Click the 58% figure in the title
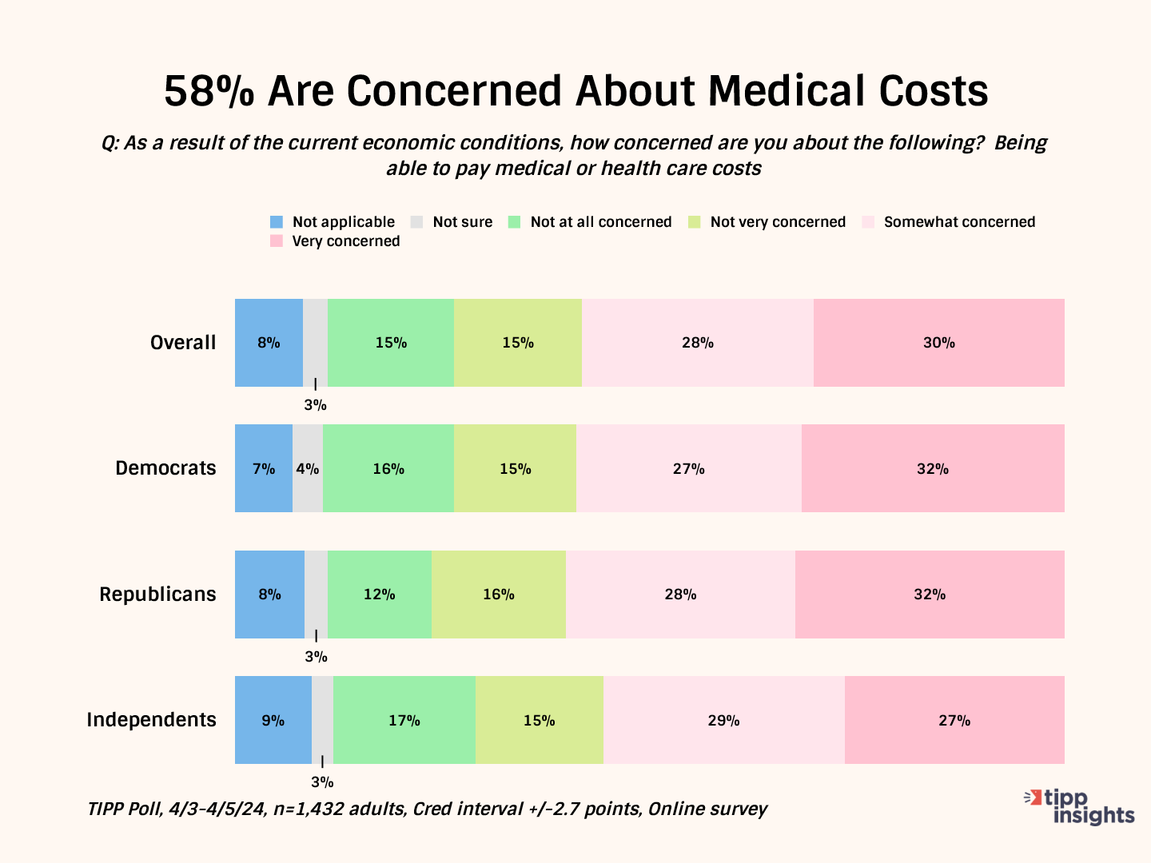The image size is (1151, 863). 209,91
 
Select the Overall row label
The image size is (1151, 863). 183,343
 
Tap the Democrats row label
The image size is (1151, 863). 165,468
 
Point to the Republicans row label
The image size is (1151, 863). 157,595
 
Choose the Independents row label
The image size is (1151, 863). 151,720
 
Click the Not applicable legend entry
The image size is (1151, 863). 333,222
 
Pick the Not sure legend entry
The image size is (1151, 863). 452,222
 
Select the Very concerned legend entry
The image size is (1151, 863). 336,241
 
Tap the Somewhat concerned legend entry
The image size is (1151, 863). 950,222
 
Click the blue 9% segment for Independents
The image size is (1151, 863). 273,720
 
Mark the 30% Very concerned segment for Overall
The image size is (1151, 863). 938,343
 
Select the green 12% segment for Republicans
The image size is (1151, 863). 380,595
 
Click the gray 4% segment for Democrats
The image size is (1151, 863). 308,468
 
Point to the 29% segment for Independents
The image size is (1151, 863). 723,720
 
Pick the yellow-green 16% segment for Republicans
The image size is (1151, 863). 498,595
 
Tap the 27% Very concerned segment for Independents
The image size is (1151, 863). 954,720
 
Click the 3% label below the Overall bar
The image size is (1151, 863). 315,405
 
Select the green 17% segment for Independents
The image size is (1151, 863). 404,720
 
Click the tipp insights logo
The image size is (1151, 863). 1080,806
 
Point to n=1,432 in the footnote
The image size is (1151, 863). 311,809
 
